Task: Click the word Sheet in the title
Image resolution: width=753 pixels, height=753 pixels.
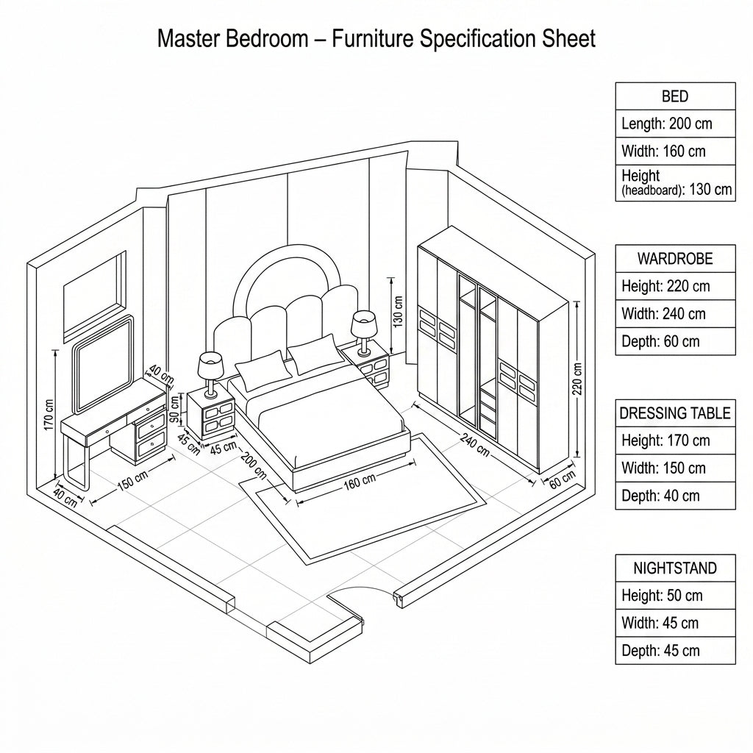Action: (569, 38)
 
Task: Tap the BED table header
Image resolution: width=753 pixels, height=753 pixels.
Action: (675, 96)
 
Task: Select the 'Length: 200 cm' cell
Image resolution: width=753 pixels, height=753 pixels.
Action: (675, 124)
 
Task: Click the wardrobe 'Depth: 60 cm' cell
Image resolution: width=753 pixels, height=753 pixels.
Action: (675, 341)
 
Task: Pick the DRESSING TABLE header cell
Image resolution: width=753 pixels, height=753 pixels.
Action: (675, 413)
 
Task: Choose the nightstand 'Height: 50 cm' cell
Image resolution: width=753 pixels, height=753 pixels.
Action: (675, 596)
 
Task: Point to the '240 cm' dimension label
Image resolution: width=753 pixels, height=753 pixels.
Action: (475, 445)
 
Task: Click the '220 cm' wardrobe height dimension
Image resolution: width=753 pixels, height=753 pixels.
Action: (577, 379)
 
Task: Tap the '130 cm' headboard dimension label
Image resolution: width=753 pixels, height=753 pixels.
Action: (398, 311)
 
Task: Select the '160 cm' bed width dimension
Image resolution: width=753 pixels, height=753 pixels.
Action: (360, 482)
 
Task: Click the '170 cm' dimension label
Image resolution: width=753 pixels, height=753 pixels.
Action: (49, 415)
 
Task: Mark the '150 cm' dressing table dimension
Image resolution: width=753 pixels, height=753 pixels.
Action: (132, 481)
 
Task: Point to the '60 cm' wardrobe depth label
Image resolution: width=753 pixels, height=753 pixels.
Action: (562, 479)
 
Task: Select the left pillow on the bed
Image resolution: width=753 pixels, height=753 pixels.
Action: (264, 370)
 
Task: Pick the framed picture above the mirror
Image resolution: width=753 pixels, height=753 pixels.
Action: (95, 296)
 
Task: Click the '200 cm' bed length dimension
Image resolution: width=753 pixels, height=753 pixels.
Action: (253, 465)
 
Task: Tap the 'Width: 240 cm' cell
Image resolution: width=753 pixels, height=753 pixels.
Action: (675, 314)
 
